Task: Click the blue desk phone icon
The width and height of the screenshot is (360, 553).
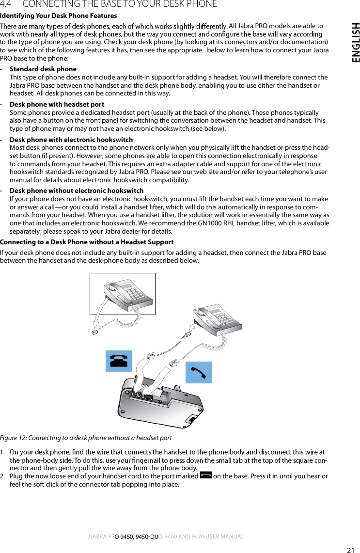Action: point(119,361)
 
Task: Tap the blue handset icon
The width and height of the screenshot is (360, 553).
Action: point(199,372)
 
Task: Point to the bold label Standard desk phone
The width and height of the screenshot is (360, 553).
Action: point(43,69)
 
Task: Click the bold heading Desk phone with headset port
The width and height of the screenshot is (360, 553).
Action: point(57,104)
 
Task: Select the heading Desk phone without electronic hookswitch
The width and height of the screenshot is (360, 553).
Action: point(77,190)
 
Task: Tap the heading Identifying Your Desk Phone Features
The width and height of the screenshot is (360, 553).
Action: point(58,16)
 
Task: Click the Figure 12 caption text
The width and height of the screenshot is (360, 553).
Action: point(86,438)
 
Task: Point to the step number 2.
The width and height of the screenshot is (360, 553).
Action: point(3,476)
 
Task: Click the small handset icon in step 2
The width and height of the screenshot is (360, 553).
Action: point(205,476)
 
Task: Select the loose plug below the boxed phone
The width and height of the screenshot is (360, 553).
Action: point(94,332)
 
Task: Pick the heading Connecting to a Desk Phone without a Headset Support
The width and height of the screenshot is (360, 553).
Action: point(87,242)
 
